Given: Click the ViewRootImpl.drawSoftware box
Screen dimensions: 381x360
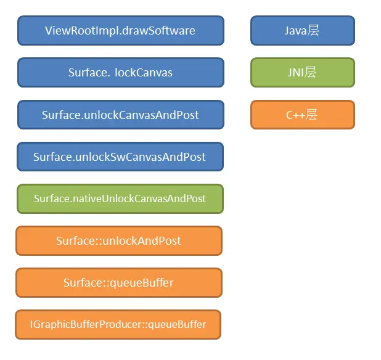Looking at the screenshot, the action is tap(121, 31).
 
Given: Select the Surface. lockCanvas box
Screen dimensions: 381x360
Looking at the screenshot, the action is tap(121, 72).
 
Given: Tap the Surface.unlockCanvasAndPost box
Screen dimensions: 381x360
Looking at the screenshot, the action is tap(121, 115).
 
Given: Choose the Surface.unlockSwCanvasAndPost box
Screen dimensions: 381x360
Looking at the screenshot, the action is tap(120, 157).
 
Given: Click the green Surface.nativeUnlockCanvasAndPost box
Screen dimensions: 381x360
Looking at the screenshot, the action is tap(120, 198).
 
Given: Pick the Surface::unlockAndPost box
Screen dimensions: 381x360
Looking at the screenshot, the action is tap(119, 241).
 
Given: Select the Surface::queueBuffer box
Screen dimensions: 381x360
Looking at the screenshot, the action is tap(119, 282).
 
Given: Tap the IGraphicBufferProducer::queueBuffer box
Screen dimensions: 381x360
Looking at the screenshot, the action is tap(118, 324).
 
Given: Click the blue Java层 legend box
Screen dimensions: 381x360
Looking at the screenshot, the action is tap(303, 31).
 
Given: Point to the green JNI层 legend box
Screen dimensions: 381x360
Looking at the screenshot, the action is tap(303, 72).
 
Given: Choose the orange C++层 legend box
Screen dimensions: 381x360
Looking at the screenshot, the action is tap(303, 115).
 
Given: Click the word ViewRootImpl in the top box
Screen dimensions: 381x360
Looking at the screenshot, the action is tap(82, 31).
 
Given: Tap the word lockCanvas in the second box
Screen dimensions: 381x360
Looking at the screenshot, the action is tap(144, 73).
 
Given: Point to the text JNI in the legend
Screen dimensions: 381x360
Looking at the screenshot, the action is tap(295, 73).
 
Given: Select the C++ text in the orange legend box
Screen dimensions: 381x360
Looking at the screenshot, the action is tap(295, 115).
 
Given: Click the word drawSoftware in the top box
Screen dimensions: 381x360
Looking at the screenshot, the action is tap(158, 31).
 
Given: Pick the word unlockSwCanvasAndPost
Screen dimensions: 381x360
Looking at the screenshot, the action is tap(141, 157).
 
